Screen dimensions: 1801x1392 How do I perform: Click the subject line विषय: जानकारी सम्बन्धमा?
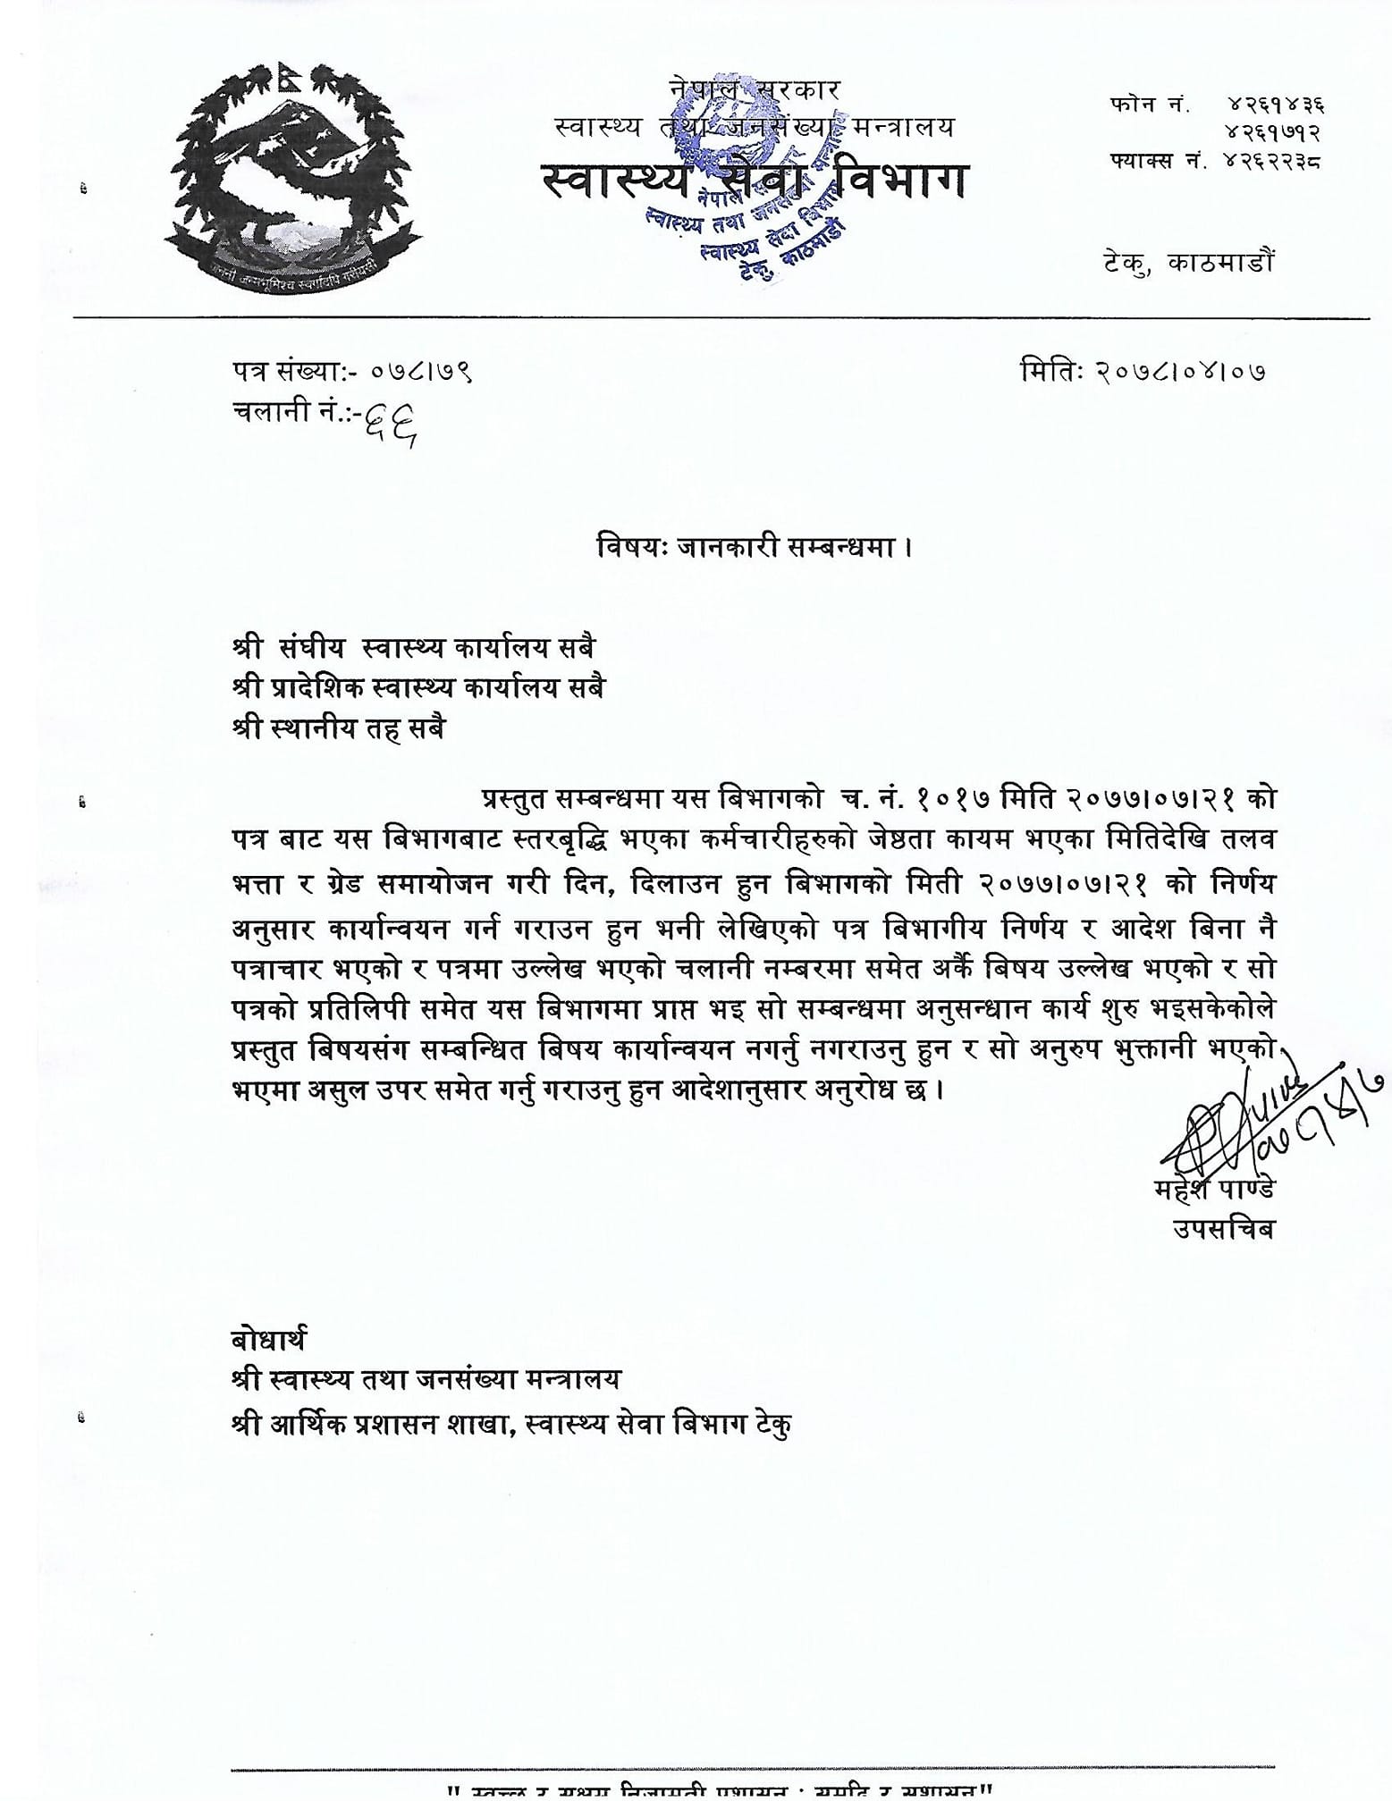(x=755, y=547)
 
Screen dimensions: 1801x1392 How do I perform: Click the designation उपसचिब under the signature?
(x=1223, y=1230)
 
